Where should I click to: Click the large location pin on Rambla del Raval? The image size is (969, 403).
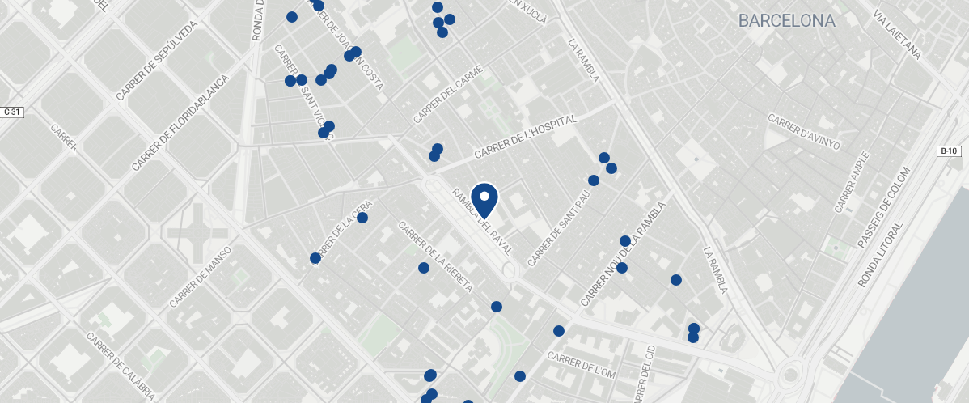point(484,199)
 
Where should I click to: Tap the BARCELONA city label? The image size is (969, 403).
point(786,21)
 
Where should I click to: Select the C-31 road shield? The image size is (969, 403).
point(11,112)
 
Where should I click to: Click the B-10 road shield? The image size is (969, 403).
point(949,151)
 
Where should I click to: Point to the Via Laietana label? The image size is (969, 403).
point(897,34)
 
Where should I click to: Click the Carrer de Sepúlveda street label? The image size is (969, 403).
point(157,62)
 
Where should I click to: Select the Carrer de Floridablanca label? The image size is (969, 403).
point(180,123)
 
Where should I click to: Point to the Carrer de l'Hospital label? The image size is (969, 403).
point(525,137)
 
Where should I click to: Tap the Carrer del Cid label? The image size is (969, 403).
point(650,373)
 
